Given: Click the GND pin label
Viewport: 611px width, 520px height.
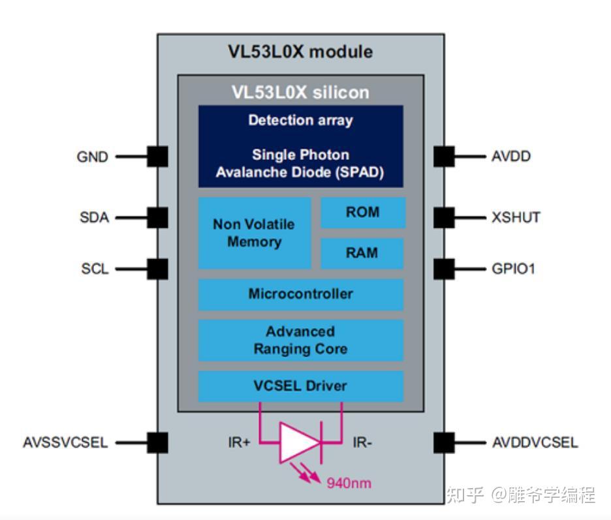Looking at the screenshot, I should (x=93, y=157).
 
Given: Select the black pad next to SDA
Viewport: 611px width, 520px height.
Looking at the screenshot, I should (x=157, y=217).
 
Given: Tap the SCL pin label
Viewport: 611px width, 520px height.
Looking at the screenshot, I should (x=95, y=269).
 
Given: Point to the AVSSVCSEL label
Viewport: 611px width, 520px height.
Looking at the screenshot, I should (x=65, y=443).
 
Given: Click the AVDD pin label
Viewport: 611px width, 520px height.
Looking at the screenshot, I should (x=512, y=157).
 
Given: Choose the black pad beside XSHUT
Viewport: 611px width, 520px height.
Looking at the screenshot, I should (x=444, y=217).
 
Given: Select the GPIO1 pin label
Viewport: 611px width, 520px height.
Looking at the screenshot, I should (x=513, y=269).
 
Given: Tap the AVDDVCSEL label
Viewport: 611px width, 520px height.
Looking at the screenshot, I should (x=535, y=443).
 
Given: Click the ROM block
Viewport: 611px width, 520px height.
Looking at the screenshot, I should (x=362, y=213).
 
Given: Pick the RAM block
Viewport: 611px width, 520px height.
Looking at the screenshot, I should (x=362, y=253).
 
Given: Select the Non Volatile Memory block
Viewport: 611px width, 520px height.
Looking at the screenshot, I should (x=254, y=233).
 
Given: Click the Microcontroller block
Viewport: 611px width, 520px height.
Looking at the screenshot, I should (x=300, y=294).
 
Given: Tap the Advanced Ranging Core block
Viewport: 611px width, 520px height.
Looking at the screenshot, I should (x=300, y=340).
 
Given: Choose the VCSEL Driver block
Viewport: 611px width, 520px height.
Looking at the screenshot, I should (x=300, y=386).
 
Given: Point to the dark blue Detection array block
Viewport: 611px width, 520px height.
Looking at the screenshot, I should (x=300, y=146).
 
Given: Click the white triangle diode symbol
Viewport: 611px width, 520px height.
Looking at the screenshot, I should (x=298, y=443).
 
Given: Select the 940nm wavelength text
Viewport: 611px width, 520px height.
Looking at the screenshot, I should (x=349, y=483).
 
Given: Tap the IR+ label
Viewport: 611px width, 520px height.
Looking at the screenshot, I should (x=240, y=443).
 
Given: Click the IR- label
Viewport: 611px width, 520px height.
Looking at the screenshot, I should (x=363, y=443).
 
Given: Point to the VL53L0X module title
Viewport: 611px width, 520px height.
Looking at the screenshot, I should (x=300, y=52).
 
